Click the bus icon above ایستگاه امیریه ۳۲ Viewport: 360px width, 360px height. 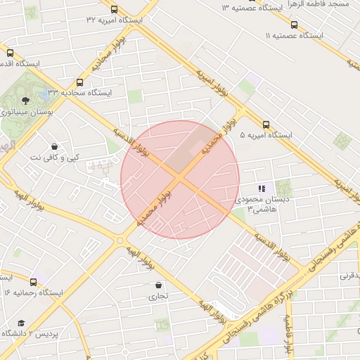tap(115, 9)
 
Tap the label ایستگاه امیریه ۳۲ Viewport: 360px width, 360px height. tap(115, 20)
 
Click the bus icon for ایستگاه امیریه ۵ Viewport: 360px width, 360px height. tap(265, 124)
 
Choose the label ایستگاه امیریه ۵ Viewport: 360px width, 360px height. tap(265, 134)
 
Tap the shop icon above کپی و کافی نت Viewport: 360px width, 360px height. tap(54, 146)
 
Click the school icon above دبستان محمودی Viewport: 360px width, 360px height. tap(262, 188)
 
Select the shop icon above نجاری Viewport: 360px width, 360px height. tap(158, 285)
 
